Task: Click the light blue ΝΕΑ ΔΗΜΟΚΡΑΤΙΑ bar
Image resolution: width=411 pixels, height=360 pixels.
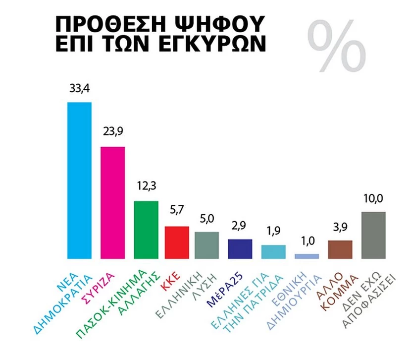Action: click(x=79, y=180)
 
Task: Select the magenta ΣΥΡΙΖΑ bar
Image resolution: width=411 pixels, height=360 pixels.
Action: click(x=112, y=203)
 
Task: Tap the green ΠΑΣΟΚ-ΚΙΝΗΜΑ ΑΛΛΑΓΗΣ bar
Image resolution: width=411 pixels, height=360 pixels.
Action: click(x=146, y=230)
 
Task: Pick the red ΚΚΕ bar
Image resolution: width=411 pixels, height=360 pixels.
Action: click(x=177, y=242)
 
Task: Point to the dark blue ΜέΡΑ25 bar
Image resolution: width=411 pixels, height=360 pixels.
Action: click(x=240, y=249)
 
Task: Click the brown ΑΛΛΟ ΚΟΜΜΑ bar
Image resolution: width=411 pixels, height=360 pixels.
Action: click(x=340, y=249)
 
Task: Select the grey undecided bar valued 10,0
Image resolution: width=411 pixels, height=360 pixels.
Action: click(x=374, y=235)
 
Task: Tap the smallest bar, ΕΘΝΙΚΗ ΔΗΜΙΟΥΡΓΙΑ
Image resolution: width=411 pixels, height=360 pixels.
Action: click(x=307, y=256)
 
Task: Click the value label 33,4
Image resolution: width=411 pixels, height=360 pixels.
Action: click(x=79, y=89)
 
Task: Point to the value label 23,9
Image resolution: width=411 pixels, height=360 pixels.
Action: click(x=112, y=134)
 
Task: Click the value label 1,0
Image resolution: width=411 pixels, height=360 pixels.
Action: click(x=307, y=241)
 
